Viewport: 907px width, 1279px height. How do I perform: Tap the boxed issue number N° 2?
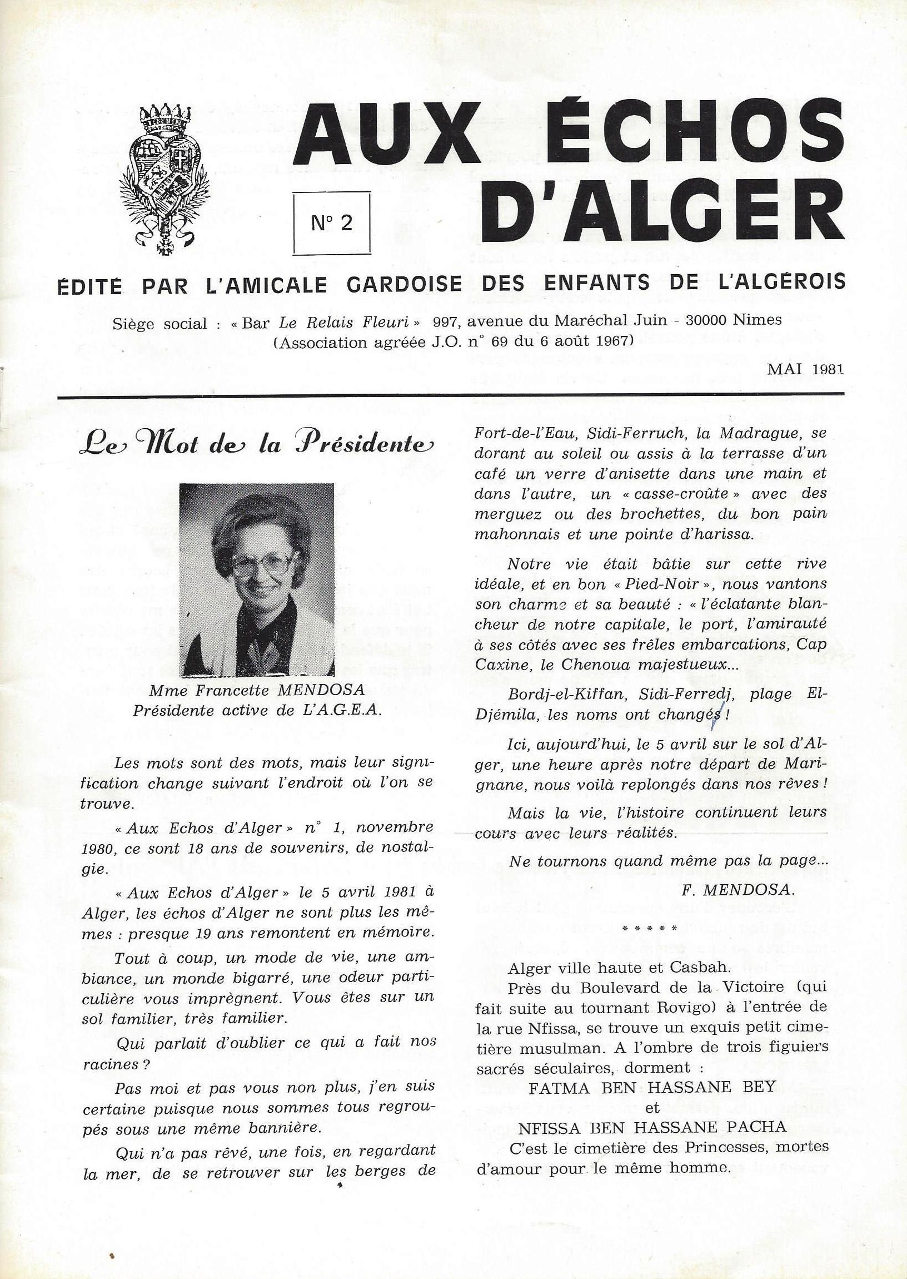(332, 223)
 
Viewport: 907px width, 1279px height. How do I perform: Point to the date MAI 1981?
(804, 369)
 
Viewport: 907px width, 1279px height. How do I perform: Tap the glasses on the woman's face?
(261, 564)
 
